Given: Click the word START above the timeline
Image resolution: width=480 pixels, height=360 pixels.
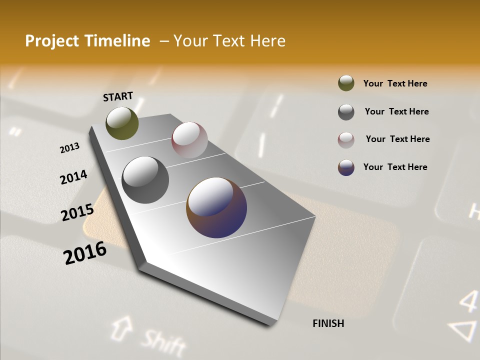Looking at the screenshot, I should [118, 96].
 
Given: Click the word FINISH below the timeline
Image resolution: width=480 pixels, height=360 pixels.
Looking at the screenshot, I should [328, 323].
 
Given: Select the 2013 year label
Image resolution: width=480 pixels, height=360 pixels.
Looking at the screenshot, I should [69, 148].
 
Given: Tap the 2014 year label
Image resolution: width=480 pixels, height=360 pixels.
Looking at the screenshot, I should [73, 177].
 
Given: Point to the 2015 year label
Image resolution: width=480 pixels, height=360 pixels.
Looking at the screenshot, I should [77, 212].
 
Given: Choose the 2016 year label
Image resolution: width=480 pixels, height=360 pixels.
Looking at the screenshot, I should [85, 252].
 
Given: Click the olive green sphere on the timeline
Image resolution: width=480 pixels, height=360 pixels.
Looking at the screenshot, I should [122, 123].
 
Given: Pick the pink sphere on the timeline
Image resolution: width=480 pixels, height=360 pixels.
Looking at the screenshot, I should [189, 140].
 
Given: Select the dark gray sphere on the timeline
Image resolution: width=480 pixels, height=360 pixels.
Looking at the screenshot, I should [145, 179].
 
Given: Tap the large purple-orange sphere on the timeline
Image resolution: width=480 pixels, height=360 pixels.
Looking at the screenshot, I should [216, 207].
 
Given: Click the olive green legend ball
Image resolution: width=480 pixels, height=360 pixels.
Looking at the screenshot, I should [346, 83].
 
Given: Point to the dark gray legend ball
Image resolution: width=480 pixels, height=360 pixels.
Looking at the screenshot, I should [346, 112].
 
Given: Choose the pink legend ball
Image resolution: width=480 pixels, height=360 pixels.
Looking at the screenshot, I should [346, 140].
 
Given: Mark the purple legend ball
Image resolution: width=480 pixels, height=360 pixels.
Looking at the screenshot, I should [346, 167].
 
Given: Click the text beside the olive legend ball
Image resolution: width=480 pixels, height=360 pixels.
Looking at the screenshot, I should [395, 83].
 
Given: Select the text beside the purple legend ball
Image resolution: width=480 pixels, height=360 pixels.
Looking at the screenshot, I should [395, 167].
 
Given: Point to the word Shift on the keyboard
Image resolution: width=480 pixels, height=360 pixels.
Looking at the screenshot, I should [162, 342].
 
